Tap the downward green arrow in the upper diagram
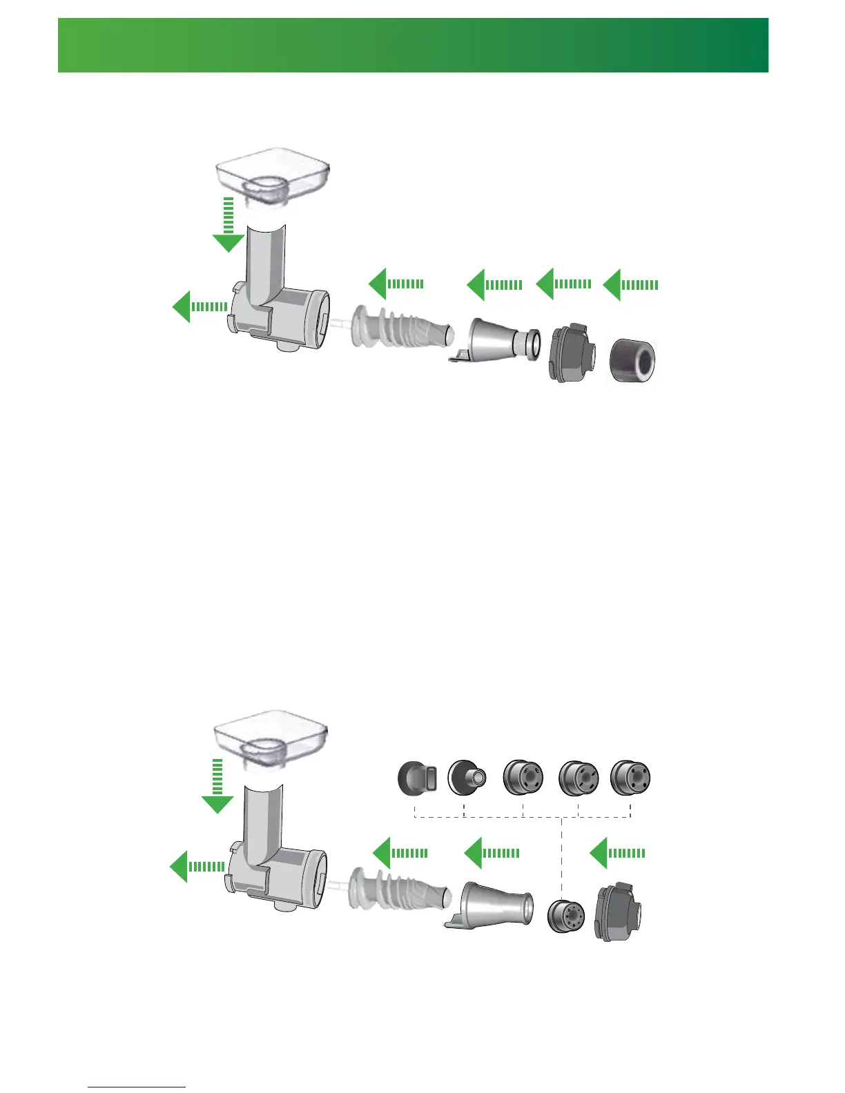(x=229, y=228)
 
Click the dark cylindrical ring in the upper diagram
(x=632, y=360)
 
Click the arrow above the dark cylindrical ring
(x=630, y=284)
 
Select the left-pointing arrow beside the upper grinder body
(x=200, y=306)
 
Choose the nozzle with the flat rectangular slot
(x=418, y=778)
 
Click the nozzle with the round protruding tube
(x=467, y=778)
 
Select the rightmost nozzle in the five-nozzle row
(x=631, y=778)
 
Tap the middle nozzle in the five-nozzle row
(x=523, y=778)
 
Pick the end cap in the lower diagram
(x=618, y=912)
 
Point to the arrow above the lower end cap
(x=617, y=853)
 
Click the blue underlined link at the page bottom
(x=137, y=1087)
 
